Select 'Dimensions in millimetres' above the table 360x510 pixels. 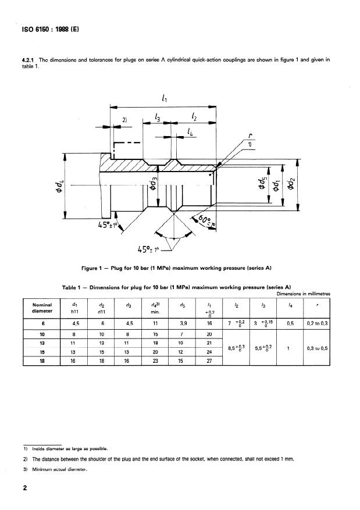point(303,294)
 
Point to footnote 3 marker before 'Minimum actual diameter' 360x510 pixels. point(25,469)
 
